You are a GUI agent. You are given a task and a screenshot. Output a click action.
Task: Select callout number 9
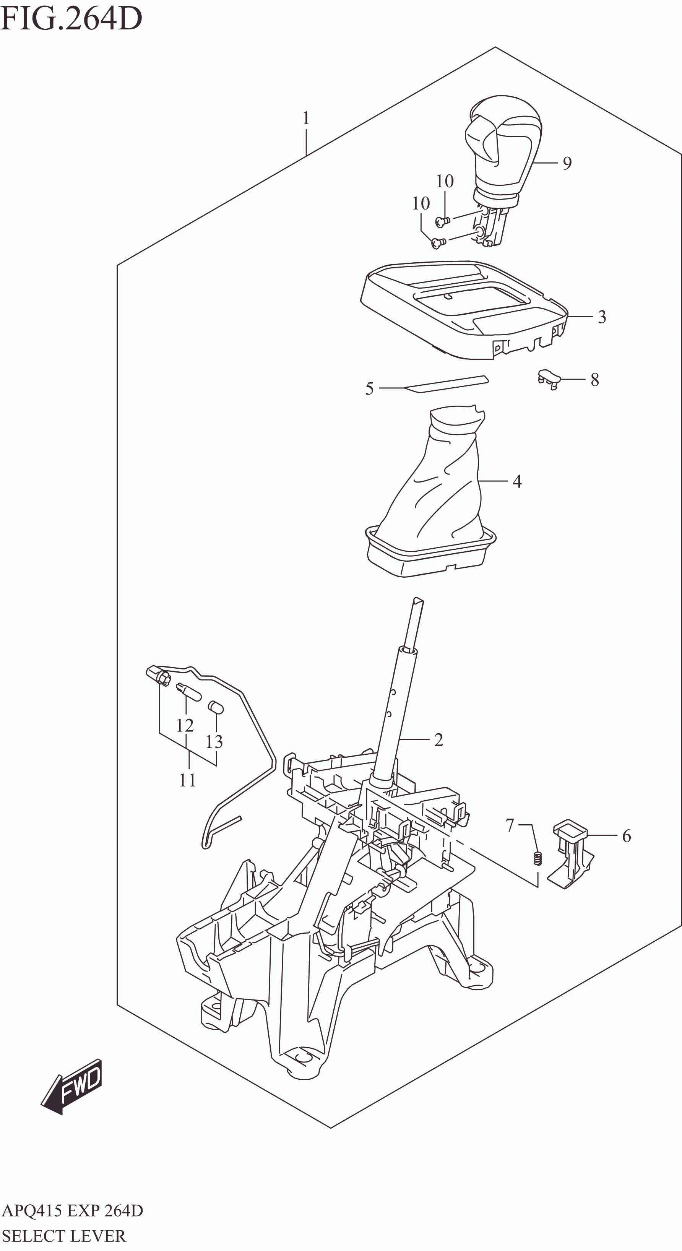(567, 164)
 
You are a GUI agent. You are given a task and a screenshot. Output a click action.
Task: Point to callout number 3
(602, 317)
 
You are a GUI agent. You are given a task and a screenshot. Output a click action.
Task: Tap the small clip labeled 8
(549, 377)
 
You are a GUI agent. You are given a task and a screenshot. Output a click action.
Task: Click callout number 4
(517, 481)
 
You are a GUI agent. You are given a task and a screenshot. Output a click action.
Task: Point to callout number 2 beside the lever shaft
(438, 740)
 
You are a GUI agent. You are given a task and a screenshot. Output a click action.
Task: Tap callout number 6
(626, 836)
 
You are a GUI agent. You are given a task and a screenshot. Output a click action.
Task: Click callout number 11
(187, 780)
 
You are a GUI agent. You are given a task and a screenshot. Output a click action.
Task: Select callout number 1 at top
(306, 118)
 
